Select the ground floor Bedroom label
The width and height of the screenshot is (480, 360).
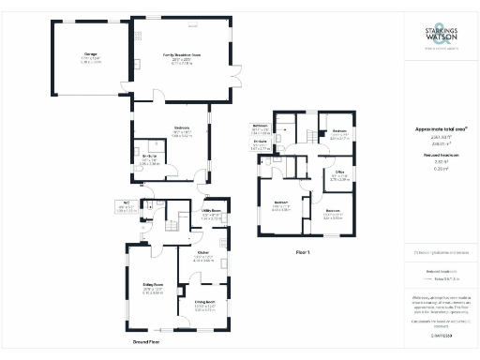tap(182, 129)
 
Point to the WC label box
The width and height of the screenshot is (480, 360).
tap(125, 208)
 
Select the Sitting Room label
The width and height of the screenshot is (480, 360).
tap(153, 286)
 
